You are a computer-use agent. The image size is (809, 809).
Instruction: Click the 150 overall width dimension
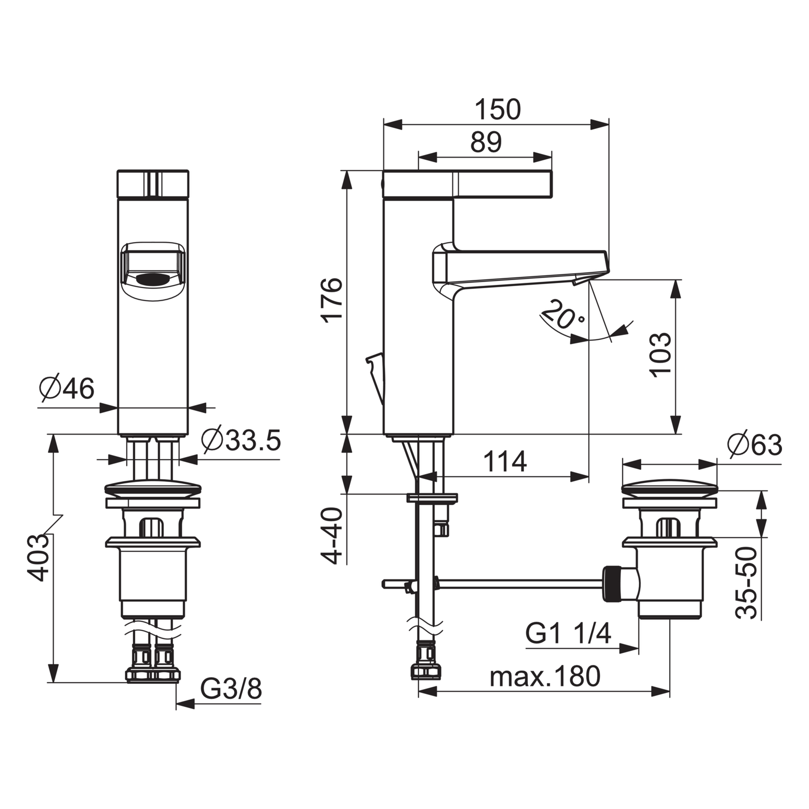point(498,110)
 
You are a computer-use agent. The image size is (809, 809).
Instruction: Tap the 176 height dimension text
point(332,300)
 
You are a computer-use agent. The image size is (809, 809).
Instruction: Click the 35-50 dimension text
point(747,583)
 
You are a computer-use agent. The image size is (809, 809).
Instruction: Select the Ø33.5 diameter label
point(241,440)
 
